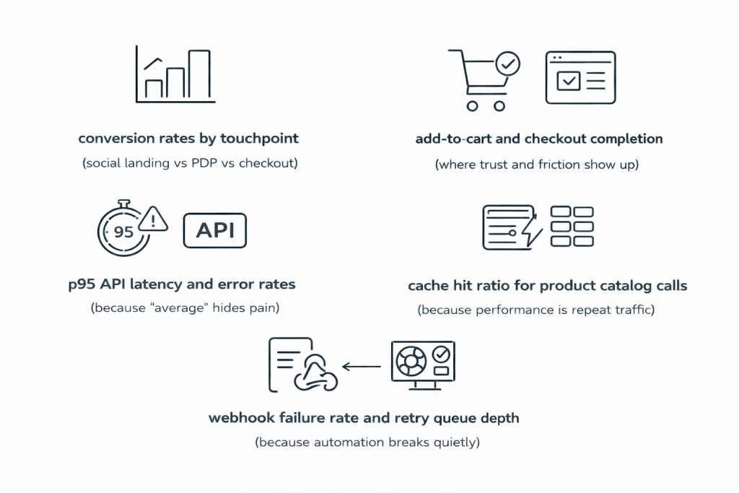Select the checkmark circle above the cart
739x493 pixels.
[x=509, y=64]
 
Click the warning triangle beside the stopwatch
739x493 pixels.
[x=154, y=219]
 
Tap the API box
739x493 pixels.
[x=215, y=232]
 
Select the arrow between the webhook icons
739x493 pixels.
[x=361, y=367]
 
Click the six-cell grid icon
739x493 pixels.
[x=572, y=227]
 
